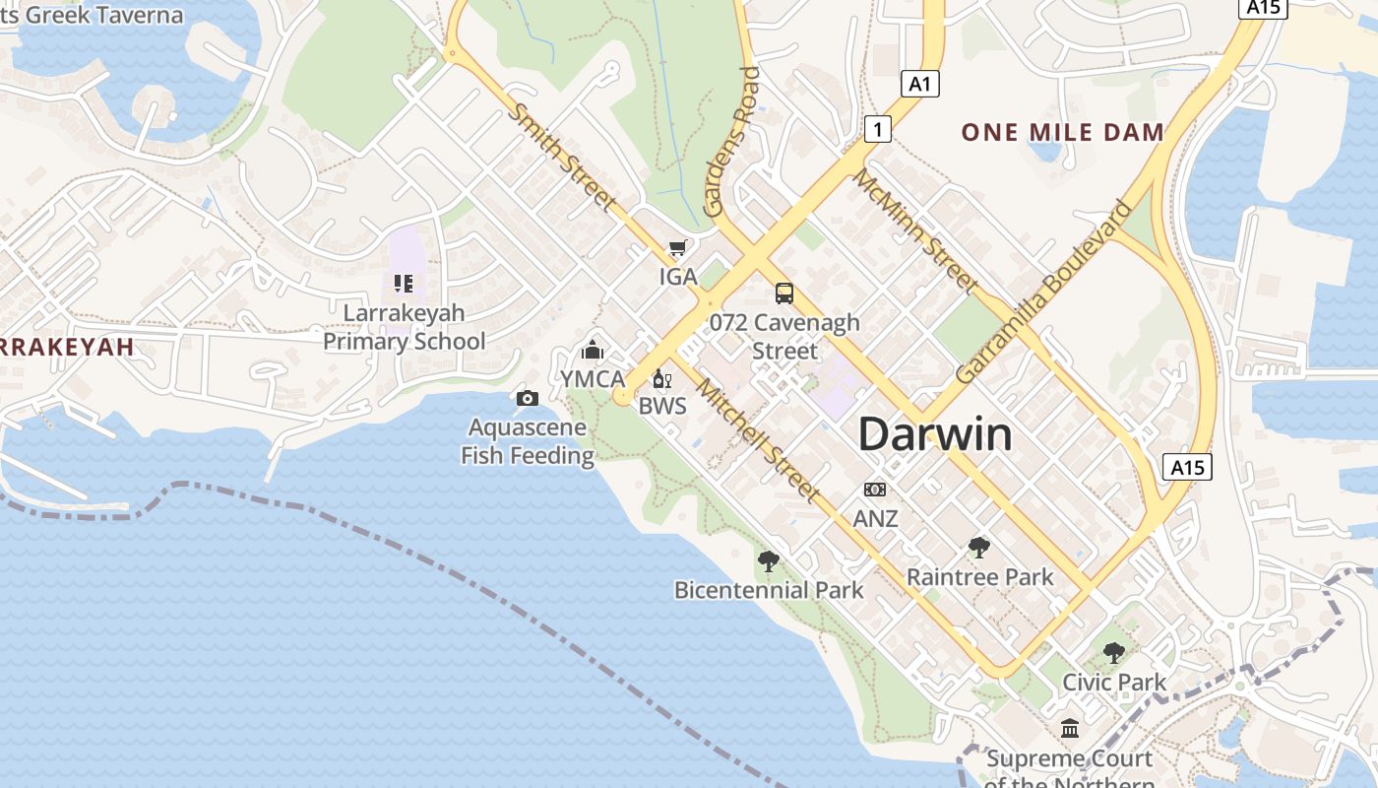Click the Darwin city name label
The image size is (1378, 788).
click(x=935, y=434)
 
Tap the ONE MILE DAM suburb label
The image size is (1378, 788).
click(x=1062, y=132)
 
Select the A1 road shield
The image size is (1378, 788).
click(x=919, y=84)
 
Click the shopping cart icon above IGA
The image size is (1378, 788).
click(x=677, y=249)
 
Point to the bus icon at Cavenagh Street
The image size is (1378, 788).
click(x=783, y=294)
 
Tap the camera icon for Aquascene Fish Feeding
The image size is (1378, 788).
click(x=528, y=398)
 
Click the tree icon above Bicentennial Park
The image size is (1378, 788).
click(x=769, y=561)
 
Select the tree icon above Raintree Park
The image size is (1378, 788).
click(x=978, y=548)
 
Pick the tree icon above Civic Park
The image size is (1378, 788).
click(x=1113, y=652)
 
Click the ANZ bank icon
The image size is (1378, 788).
click(x=874, y=490)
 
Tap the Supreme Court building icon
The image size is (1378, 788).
click(x=1069, y=729)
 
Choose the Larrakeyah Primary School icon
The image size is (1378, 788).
click(x=404, y=284)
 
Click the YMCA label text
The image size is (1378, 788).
click(x=593, y=379)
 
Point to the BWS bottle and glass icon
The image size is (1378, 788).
click(x=662, y=379)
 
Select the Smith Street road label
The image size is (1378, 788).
click(x=563, y=157)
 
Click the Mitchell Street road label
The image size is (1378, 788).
click(x=758, y=440)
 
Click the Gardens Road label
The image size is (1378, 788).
click(x=731, y=143)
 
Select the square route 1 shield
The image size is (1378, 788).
click(x=878, y=128)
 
